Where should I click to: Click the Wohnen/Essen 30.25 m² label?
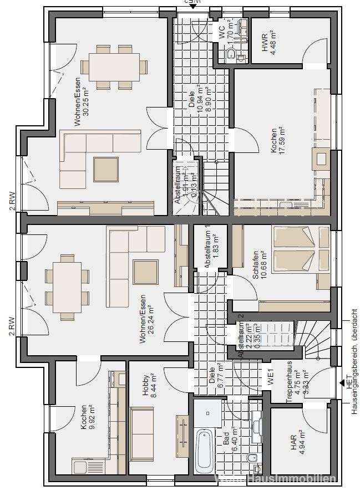81,96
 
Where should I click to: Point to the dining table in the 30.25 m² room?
114,67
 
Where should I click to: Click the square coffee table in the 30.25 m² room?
105,170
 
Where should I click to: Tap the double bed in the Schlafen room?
294,249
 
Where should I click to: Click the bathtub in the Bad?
204,451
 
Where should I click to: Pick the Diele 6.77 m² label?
216,375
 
